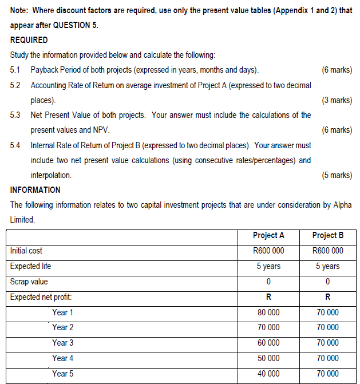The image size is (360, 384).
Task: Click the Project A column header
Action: click(x=268, y=235)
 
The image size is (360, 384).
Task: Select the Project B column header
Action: click(x=328, y=235)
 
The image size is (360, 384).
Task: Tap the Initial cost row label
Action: click(x=26, y=251)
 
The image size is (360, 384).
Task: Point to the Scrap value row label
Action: click(x=29, y=282)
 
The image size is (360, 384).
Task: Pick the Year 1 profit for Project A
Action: click(x=268, y=312)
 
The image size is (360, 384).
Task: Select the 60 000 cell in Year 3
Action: click(x=268, y=343)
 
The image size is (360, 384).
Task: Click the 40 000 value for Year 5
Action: click(x=268, y=374)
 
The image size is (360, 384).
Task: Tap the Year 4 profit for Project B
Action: click(x=328, y=358)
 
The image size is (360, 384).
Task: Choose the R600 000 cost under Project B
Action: click(x=328, y=251)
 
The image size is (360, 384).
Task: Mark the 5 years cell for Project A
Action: click(x=268, y=266)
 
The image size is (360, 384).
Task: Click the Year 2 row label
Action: click(x=62, y=327)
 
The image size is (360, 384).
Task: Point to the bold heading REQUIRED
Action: click(x=29, y=40)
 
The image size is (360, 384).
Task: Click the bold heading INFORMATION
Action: click(x=35, y=189)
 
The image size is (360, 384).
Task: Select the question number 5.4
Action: click(x=16, y=145)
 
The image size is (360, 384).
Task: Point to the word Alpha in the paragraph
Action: click(x=341, y=204)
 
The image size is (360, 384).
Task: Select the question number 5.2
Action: click(x=16, y=85)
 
